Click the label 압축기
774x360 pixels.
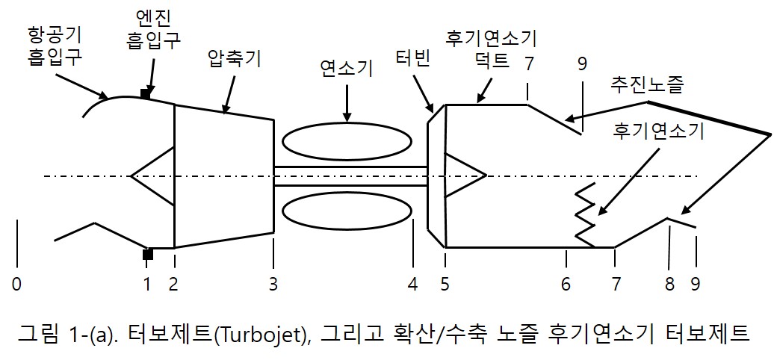click(233, 59)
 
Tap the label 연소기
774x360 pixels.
click(346, 69)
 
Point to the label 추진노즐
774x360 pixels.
click(647, 84)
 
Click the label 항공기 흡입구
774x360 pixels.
click(55, 45)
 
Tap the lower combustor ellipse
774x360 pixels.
click(347, 213)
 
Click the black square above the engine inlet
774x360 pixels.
click(146, 93)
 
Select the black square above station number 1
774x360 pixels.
click(148, 255)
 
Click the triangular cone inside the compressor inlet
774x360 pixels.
click(154, 176)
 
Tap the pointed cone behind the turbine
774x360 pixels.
click(463, 176)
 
